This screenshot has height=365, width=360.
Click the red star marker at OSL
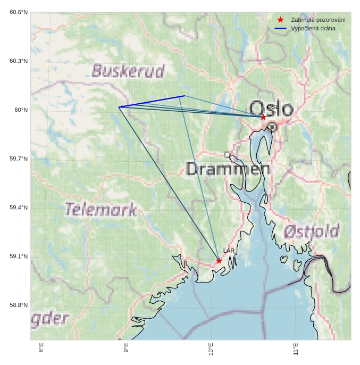(x=263, y=117)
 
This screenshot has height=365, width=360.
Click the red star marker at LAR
(x=219, y=261)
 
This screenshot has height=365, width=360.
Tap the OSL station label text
(x=273, y=107)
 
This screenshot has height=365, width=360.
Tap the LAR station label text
(x=229, y=251)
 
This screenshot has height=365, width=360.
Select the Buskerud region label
(x=128, y=71)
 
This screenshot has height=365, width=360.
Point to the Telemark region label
(x=101, y=210)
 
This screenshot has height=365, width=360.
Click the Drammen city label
(x=228, y=169)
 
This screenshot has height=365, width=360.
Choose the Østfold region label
(x=311, y=231)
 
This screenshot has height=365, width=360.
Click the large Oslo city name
(x=271, y=108)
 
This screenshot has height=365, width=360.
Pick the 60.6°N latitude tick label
(x=19, y=12)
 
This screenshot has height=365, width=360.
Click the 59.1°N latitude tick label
(x=19, y=256)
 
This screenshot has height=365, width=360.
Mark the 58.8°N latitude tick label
(x=19, y=305)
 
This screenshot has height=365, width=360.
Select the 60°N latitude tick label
(x=21, y=110)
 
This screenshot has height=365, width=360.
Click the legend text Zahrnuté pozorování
(x=318, y=20)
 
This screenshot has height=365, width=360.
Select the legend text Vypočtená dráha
(x=313, y=28)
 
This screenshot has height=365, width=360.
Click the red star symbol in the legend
(x=280, y=20)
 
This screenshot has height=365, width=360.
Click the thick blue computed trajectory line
(x=152, y=102)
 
